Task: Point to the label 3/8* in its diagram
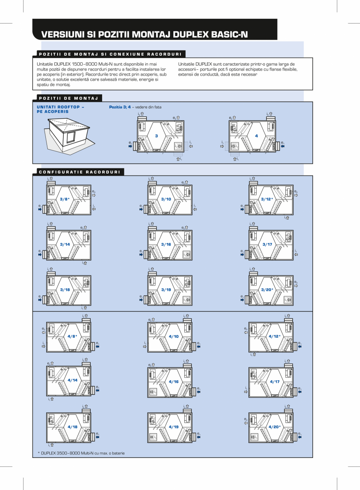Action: point(65,199)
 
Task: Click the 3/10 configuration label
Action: point(166,199)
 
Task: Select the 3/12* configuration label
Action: point(267,199)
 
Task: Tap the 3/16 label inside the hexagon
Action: point(166,244)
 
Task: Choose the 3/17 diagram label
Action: point(267,244)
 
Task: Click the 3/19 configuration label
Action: point(166,290)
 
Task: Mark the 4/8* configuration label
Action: point(72,336)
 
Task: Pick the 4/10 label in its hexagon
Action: point(174,336)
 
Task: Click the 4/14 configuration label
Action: point(72,380)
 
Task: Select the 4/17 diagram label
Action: point(275,382)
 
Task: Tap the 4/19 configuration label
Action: point(174,427)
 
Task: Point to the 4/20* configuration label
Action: point(275,427)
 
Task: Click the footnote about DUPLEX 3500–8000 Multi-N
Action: point(81,453)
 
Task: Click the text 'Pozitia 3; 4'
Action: point(120,107)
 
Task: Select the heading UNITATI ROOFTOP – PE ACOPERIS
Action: point(60,109)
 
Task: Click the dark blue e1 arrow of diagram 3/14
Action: point(40,254)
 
